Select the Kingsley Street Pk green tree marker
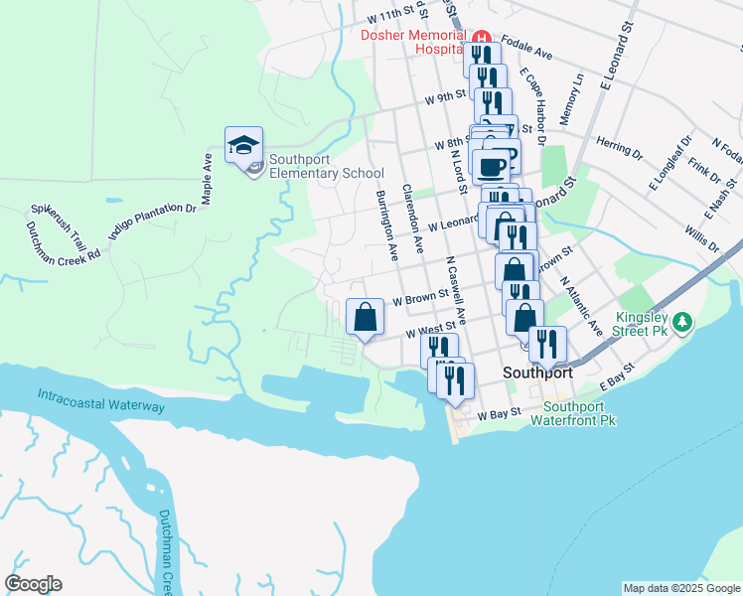click(x=682, y=322)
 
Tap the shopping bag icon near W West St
click(x=366, y=318)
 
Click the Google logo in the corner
click(x=33, y=584)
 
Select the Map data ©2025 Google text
click(x=680, y=588)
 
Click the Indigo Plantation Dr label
click(x=153, y=222)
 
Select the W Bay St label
click(x=500, y=416)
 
